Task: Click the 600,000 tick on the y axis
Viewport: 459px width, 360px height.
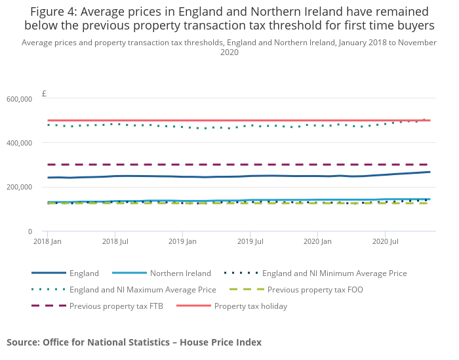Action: tap(20, 99)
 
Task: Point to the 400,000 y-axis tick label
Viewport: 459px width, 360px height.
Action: tap(20, 143)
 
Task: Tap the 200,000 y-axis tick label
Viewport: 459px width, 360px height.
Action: tap(20, 187)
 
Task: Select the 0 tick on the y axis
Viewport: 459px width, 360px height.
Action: tap(30, 231)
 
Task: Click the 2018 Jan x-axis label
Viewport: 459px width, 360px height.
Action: tap(47, 242)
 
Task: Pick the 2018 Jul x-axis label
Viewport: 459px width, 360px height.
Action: tap(115, 242)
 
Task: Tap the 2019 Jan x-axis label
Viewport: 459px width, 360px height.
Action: tap(182, 242)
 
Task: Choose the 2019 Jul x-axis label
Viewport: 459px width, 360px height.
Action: tap(250, 242)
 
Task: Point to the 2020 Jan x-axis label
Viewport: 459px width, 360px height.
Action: tap(317, 242)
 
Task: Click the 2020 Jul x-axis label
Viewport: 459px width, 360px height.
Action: tap(385, 242)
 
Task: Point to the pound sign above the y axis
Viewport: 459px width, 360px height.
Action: tap(44, 94)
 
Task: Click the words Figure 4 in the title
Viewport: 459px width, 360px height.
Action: tap(55, 12)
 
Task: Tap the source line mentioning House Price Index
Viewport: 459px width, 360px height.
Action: tap(134, 342)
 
